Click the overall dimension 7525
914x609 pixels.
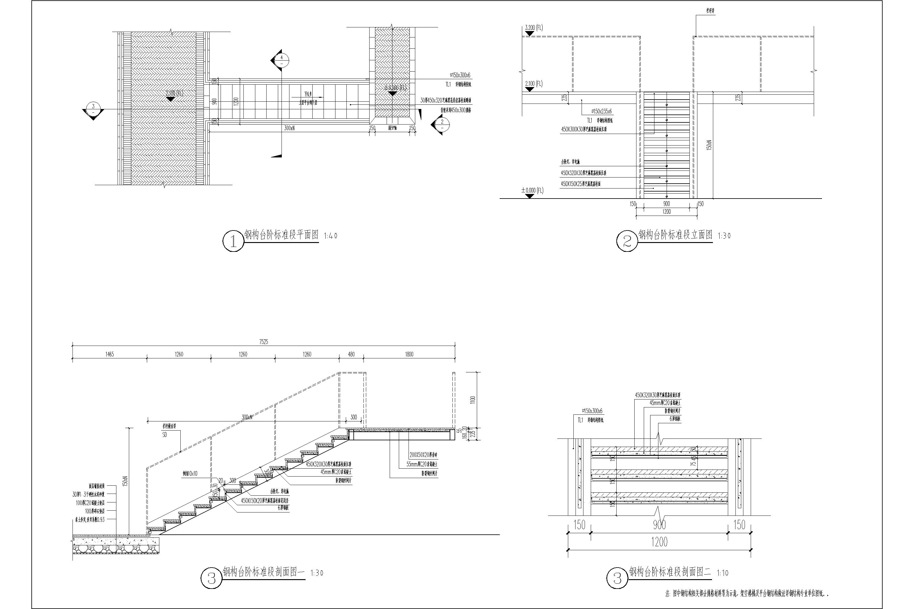tap(264, 342)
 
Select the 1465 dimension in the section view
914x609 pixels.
tap(110, 354)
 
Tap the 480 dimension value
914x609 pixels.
tap(351, 354)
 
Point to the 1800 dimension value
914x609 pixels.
tap(409, 354)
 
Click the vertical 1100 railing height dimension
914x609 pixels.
tap(473, 400)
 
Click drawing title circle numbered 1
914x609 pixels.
tap(233, 241)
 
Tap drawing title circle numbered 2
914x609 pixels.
tap(627, 241)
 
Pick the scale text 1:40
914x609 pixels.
tap(330, 236)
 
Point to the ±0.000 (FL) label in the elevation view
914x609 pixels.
tap(532, 191)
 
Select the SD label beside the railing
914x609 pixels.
tap(165, 435)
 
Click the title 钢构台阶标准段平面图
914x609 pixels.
tap(281, 234)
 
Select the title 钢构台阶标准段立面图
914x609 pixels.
tap(675, 234)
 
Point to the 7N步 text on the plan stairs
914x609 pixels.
tap(308, 94)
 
